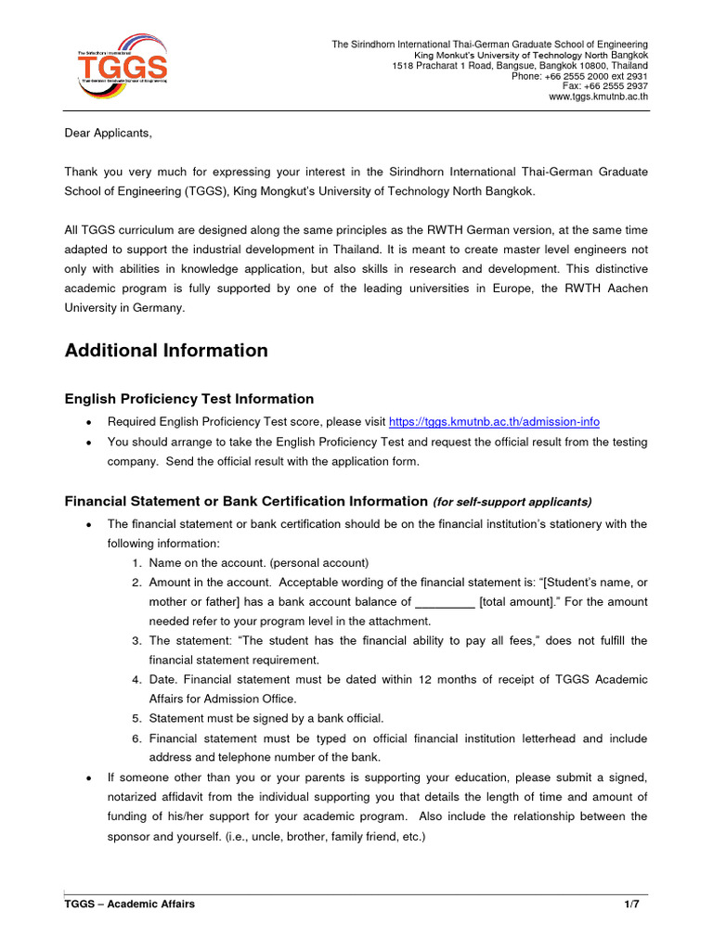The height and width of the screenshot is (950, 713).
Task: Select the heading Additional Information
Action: point(166,351)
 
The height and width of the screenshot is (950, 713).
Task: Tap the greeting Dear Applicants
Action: point(107,133)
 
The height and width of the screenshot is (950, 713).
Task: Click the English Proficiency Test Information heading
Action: point(188,399)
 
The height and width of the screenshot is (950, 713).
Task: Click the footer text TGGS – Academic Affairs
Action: point(129,905)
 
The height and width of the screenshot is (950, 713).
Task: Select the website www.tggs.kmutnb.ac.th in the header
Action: point(598,96)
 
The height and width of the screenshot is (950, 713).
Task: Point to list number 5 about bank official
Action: point(136,718)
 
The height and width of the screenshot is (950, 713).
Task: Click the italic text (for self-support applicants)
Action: point(512,502)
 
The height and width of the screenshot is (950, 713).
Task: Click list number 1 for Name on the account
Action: point(136,562)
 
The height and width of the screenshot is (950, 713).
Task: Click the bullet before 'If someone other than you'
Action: point(87,777)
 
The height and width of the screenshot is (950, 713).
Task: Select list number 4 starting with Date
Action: point(136,679)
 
